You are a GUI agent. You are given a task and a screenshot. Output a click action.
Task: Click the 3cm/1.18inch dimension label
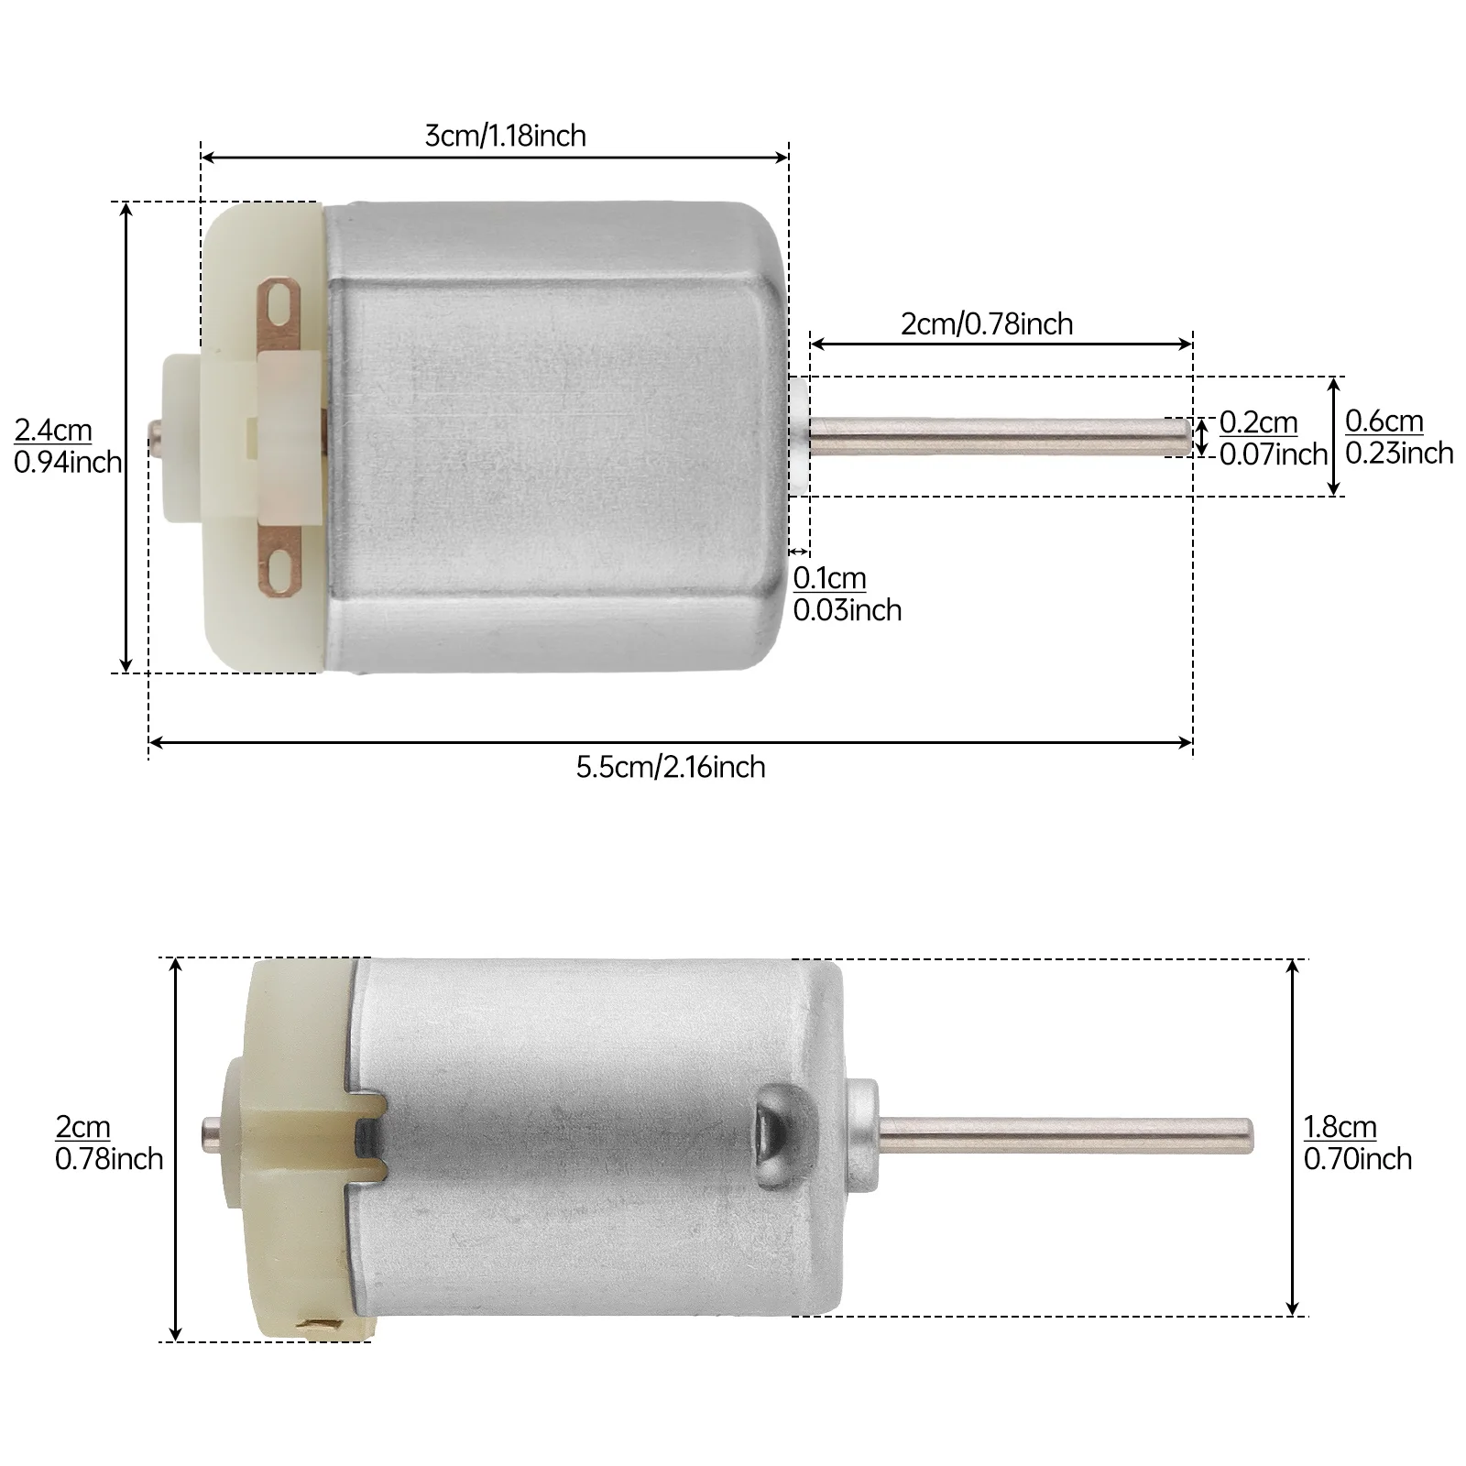point(505,136)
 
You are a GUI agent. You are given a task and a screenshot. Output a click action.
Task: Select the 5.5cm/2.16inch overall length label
point(670,766)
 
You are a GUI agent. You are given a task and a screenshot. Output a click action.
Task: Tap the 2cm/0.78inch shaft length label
point(986,323)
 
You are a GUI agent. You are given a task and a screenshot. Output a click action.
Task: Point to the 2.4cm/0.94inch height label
point(67,446)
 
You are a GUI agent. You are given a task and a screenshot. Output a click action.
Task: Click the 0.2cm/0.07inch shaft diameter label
point(1272,438)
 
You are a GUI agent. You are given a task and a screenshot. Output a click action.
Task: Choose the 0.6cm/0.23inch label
point(1398,437)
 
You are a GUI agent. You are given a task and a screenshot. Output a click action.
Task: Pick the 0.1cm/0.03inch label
point(846,594)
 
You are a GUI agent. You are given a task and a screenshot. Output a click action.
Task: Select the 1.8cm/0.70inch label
point(1356,1143)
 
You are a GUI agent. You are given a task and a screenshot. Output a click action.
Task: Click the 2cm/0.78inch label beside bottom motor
point(108,1143)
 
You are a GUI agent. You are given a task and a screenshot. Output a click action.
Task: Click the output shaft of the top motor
point(999,436)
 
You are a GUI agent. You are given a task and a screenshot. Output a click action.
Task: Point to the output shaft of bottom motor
point(1063,1132)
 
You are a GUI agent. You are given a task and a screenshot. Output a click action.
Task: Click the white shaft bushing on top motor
point(798,436)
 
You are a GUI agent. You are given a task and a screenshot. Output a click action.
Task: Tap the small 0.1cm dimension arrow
point(799,551)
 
